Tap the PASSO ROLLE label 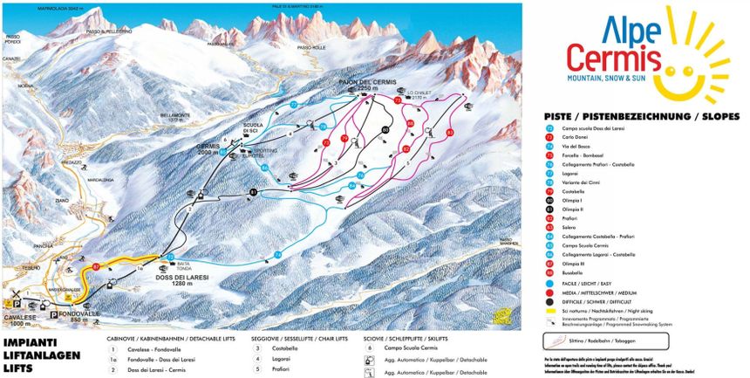[x=311, y=47]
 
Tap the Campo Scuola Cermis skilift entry [x=419, y=347]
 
